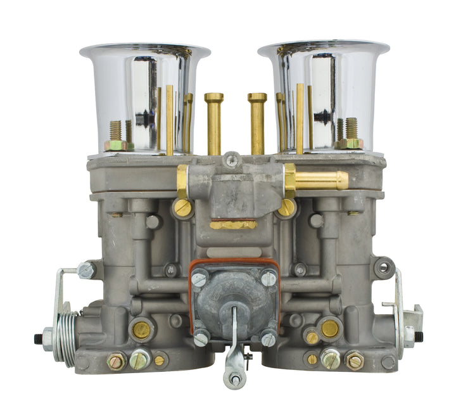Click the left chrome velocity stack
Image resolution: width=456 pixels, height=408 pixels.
144,95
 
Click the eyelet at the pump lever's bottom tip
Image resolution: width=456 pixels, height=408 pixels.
234,379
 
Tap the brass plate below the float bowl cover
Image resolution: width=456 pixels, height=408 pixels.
233,225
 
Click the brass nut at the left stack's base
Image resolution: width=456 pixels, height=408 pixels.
116,144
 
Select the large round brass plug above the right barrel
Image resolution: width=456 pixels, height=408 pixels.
329,328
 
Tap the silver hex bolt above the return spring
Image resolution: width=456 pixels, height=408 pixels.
87,270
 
